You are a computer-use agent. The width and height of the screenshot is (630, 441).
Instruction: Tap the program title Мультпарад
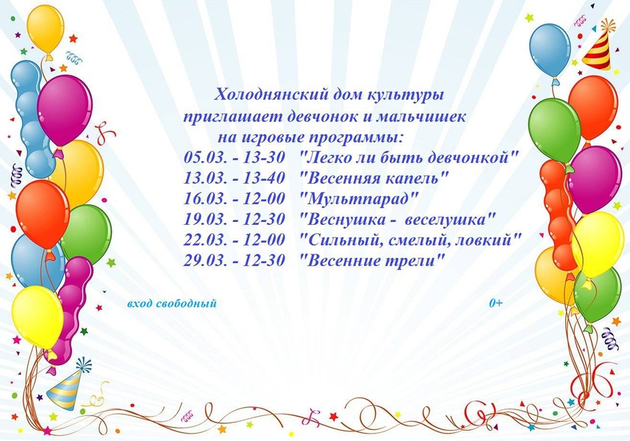359,198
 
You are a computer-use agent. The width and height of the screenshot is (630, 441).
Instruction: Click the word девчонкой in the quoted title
473,157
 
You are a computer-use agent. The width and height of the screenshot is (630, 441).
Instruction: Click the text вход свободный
171,304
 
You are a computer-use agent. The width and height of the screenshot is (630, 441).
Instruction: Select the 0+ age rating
495,304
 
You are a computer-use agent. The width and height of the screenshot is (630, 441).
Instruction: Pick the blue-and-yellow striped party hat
66,386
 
